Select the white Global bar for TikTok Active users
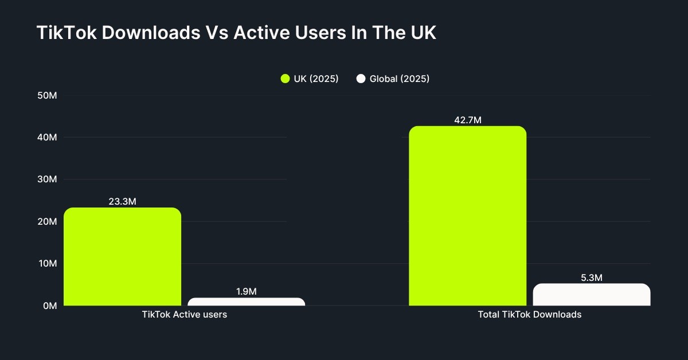click(x=247, y=302)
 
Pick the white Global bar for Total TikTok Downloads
click(x=591, y=295)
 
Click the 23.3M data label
click(x=122, y=202)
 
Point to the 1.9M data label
click(x=247, y=291)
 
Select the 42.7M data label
click(x=467, y=120)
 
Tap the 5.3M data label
click(x=591, y=277)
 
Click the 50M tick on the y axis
click(x=46, y=95)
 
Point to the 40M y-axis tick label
click(x=46, y=138)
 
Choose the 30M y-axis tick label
click(x=46, y=179)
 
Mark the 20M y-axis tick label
click(x=46, y=222)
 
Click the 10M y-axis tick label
click(x=46, y=264)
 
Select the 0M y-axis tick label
click(x=49, y=306)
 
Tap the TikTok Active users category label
click(x=184, y=315)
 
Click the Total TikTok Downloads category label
click(x=529, y=315)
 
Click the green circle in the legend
click(x=285, y=79)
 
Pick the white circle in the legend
click(x=361, y=79)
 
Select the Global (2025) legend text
click(x=399, y=79)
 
